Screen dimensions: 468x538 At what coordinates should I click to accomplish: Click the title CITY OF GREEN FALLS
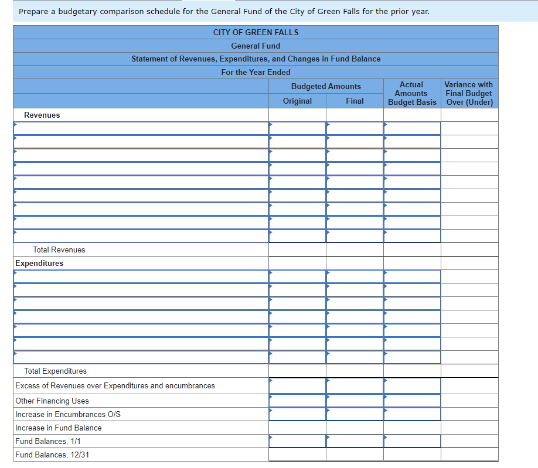[x=256, y=32]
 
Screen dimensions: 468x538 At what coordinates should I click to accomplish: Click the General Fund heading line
[x=256, y=46]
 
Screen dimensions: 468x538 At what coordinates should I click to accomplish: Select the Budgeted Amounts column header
[x=326, y=86]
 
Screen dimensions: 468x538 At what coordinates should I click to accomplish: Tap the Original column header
[x=297, y=101]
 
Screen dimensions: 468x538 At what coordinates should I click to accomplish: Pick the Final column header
[x=355, y=101]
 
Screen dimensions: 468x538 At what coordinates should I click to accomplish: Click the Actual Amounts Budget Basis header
[x=412, y=94]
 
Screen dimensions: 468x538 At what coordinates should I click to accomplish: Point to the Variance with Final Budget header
[x=469, y=94]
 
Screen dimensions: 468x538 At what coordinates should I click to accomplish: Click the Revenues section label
[x=42, y=115]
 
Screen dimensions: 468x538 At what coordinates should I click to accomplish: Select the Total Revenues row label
[x=59, y=250]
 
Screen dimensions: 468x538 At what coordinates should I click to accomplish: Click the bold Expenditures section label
[x=39, y=264]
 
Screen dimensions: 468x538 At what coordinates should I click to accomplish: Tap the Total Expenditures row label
[x=55, y=371]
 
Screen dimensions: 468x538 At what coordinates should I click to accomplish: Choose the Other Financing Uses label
[x=52, y=401]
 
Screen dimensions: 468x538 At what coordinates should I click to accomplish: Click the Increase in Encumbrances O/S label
[x=68, y=415]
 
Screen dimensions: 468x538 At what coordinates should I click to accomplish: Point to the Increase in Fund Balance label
[x=58, y=428]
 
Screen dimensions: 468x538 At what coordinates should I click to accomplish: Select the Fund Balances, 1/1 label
[x=48, y=442]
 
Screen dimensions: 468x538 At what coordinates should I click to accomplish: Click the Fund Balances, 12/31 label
[x=52, y=455]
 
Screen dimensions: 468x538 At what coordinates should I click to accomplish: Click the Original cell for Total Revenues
[x=297, y=250]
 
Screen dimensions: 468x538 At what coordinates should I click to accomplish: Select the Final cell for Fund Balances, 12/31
[x=355, y=455]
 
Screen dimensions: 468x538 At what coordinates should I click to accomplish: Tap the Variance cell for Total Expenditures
[x=469, y=371]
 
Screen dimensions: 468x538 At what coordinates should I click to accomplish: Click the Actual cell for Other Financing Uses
[x=412, y=401]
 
